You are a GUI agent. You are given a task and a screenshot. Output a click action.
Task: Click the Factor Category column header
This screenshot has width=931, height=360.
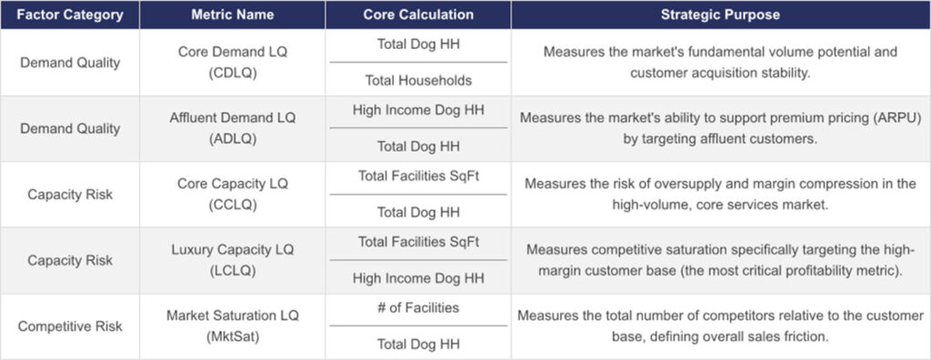tap(69, 15)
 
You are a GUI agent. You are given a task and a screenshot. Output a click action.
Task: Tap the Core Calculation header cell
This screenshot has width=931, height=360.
tap(417, 15)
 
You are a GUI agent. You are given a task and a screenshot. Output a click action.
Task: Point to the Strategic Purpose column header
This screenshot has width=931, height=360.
tap(720, 15)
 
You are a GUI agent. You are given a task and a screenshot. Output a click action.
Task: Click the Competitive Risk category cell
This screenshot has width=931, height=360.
tap(69, 325)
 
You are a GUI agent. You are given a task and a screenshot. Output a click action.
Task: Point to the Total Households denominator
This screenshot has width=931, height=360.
tap(417, 80)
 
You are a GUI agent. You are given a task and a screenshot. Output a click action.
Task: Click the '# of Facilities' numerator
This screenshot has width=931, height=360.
tap(417, 308)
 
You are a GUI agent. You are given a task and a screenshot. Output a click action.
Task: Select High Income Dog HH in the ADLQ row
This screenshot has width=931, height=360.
tap(417, 111)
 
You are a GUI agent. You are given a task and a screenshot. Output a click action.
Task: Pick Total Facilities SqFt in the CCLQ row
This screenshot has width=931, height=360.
tap(417, 176)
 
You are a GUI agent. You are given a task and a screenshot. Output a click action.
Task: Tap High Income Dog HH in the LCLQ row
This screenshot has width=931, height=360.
tap(417, 278)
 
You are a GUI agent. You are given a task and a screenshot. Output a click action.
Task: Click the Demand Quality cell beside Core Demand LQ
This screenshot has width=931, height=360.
tap(69, 63)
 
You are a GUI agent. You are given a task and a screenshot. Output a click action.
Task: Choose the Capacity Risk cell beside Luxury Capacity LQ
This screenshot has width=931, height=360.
tap(69, 260)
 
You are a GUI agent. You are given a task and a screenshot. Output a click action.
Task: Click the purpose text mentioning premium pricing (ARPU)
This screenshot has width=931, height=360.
tap(720, 128)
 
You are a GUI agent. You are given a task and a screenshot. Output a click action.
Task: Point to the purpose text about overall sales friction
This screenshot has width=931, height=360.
tap(720, 325)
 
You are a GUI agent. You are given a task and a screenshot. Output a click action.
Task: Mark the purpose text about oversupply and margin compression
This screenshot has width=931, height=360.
tap(720, 195)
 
